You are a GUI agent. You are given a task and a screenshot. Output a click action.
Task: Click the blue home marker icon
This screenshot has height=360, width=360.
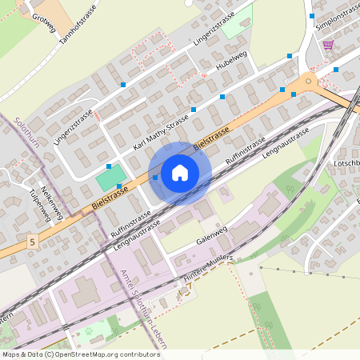pyautogui.click(x=180, y=173)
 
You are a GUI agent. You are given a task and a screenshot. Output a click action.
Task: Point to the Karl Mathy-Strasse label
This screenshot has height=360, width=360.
pyautogui.click(x=161, y=132)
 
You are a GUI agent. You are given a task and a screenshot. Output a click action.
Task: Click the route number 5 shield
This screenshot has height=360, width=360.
pyautogui.click(x=31, y=240)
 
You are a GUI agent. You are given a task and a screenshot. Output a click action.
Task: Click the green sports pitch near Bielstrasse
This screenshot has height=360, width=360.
pyautogui.click(x=112, y=177)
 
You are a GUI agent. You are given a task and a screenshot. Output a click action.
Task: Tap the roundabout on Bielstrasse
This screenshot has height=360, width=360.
pyautogui.click(x=307, y=82)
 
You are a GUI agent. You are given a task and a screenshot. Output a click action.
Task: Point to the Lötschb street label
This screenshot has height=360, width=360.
pyautogui.click(x=346, y=163)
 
